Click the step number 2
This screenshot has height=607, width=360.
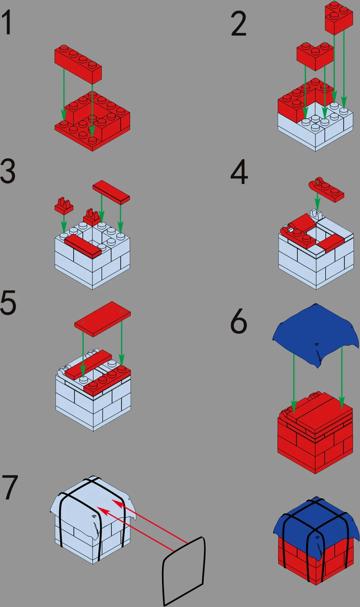click(x=238, y=24)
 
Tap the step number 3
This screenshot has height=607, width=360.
click(x=7, y=171)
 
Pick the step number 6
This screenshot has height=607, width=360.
click(x=238, y=321)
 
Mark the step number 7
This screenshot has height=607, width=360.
click(x=10, y=488)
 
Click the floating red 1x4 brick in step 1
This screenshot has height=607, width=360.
click(x=78, y=65)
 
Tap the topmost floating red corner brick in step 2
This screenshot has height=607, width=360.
click(x=339, y=18)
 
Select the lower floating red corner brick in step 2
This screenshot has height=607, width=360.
click(x=315, y=56)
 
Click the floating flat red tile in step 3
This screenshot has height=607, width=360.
click(x=111, y=192)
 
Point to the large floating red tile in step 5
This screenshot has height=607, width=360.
click(x=103, y=319)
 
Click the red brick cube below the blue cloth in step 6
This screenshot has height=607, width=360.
click(x=315, y=434)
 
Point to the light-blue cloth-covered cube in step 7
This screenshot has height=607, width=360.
click(x=93, y=520)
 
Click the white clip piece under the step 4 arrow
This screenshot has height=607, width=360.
click(x=316, y=214)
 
